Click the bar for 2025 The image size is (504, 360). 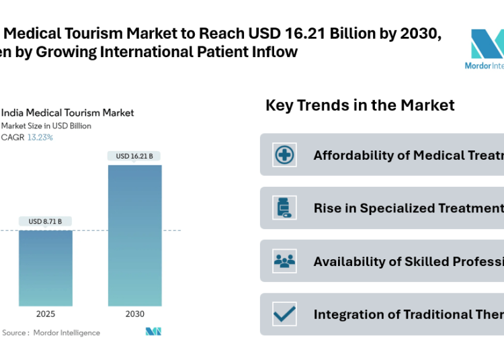[x=45, y=268]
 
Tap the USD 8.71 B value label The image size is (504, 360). [x=45, y=221]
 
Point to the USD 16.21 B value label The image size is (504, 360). [x=134, y=156]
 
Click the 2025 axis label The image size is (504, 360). [x=45, y=314]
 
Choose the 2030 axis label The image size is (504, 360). [x=134, y=314]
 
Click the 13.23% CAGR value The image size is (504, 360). [x=40, y=137]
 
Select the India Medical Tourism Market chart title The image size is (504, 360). [x=67, y=113]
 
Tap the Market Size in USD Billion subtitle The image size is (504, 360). [x=46, y=126]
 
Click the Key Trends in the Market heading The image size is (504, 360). [x=360, y=105]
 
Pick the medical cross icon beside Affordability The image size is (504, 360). [x=285, y=155]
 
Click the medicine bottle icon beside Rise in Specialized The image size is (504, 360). [x=285, y=208]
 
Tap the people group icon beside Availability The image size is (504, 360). [x=285, y=261]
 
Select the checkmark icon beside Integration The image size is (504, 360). [x=285, y=314]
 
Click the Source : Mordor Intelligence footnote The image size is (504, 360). [x=51, y=332]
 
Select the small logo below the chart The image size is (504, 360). [x=153, y=332]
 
